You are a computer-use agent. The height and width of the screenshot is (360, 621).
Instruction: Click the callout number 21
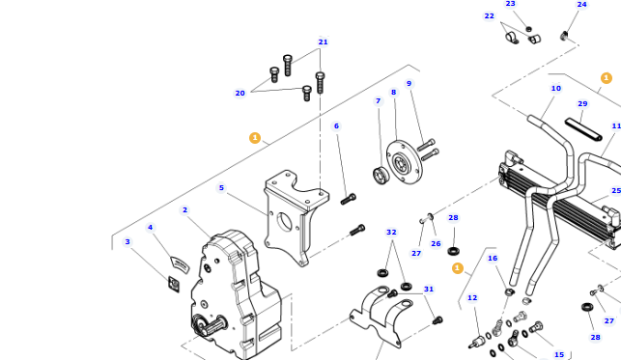pos(323,42)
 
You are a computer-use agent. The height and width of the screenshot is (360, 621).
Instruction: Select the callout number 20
pos(240,94)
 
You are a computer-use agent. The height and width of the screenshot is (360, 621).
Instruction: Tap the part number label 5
pos(221,188)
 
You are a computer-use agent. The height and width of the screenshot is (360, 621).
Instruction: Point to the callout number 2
pos(184,209)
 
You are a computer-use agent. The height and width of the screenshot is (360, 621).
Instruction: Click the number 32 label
pos(391,232)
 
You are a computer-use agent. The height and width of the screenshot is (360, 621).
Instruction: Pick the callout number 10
pos(555,89)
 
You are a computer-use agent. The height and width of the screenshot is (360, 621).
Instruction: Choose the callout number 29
pos(582,104)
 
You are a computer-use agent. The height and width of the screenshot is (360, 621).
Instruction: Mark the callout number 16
pos(492,259)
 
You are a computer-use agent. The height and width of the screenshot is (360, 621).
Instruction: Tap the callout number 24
pos(581,5)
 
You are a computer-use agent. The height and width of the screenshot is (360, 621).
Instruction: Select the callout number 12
pos(472,298)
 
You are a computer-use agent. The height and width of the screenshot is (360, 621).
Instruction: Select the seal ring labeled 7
pos(381,175)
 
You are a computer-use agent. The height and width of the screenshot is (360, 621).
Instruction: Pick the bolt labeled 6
pos(349,199)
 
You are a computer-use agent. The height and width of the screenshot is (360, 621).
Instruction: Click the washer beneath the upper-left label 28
pos(454,251)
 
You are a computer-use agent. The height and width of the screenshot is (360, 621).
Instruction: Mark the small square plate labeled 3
pos(174,283)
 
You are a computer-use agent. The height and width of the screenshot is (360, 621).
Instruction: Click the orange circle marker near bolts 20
pos(255,138)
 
